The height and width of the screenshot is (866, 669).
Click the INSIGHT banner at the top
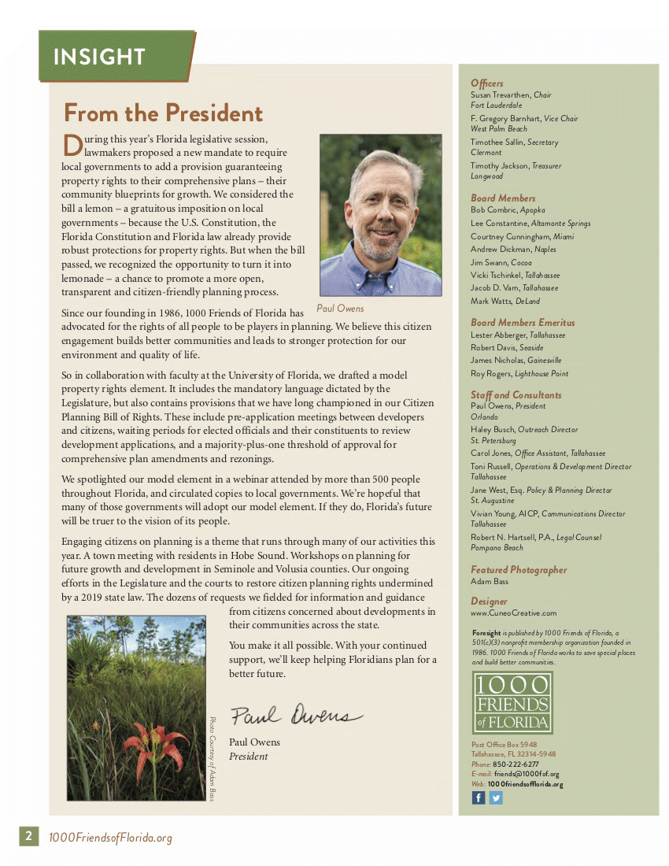[x=99, y=57]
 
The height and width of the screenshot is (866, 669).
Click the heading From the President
[x=163, y=113]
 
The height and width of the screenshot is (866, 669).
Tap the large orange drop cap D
[x=72, y=145]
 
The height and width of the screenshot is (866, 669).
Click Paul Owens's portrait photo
[x=380, y=214]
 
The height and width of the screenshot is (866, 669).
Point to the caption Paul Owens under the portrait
[x=340, y=309]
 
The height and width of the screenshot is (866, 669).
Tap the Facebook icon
[x=479, y=798]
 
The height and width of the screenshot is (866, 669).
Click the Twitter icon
[x=496, y=798]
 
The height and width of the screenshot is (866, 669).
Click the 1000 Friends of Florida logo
[x=512, y=703]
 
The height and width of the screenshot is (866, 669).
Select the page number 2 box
[x=28, y=836]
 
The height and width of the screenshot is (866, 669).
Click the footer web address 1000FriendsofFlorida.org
[x=110, y=838]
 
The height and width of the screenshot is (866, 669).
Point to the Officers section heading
[x=487, y=83]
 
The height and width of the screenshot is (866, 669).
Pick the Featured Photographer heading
[x=519, y=570]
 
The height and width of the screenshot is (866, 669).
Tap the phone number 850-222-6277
[x=516, y=764]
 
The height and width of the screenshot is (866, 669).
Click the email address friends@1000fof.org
[x=527, y=774]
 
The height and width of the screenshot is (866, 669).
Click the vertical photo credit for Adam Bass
[x=212, y=758]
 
